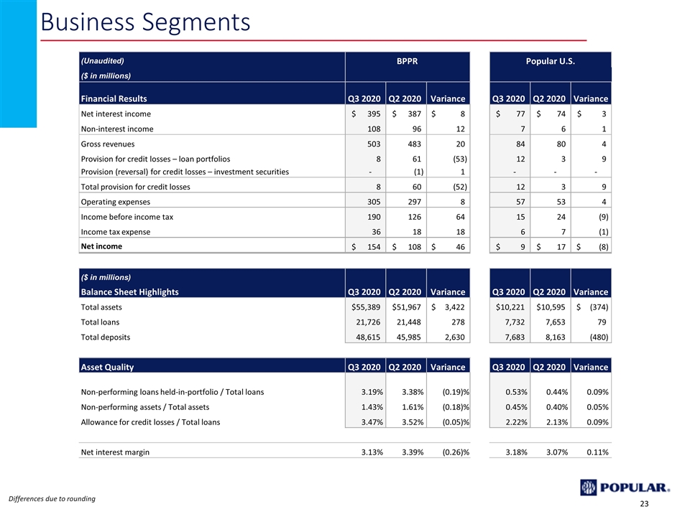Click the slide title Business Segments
click(x=145, y=22)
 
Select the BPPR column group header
click(x=407, y=61)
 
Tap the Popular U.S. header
click(x=550, y=61)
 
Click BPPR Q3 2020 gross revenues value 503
click(x=374, y=144)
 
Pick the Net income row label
click(x=101, y=246)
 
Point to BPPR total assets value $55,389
click(x=366, y=307)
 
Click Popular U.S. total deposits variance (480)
click(x=599, y=337)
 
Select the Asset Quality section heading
click(x=107, y=367)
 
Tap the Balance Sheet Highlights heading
click(x=130, y=292)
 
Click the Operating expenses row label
click(x=115, y=202)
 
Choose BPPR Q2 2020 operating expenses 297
click(x=414, y=202)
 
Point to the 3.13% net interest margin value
click(x=372, y=452)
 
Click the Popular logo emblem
click(x=589, y=488)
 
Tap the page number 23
click(x=644, y=504)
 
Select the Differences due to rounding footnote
click(x=52, y=498)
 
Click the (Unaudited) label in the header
click(x=103, y=60)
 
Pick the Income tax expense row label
click(x=115, y=232)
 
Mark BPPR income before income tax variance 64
click(x=460, y=217)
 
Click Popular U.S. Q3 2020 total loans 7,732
click(x=515, y=322)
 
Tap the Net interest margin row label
click(x=115, y=452)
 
